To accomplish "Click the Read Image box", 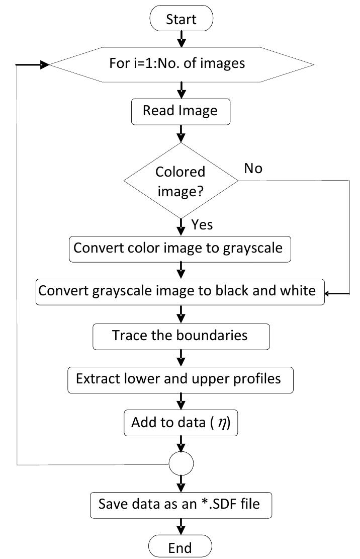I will pos(181,111).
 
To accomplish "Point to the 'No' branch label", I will pos(253,169).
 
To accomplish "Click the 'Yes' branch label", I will pos(202,224).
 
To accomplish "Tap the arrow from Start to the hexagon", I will pos(182,39).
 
